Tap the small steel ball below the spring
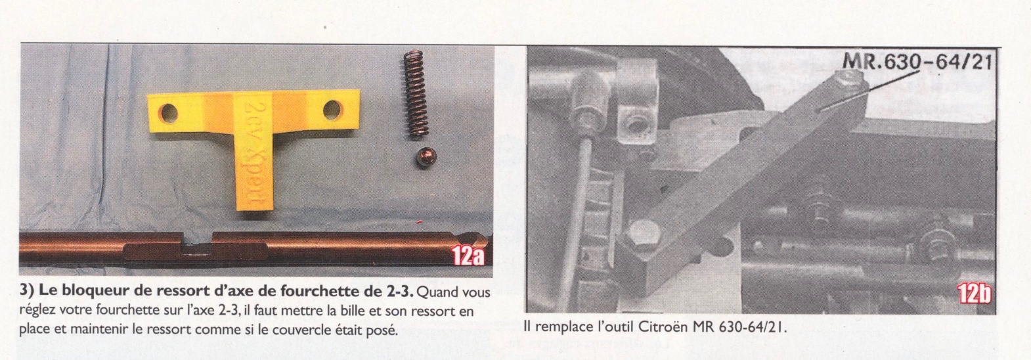coord(426,158)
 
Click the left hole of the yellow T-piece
coord(169,112)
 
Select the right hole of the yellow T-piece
coord(332,110)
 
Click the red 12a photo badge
coord(468,256)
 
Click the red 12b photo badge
coord(973,294)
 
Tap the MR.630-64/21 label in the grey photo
coord(917,61)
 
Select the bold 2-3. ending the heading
coord(399,292)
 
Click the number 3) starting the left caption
coord(27,292)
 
